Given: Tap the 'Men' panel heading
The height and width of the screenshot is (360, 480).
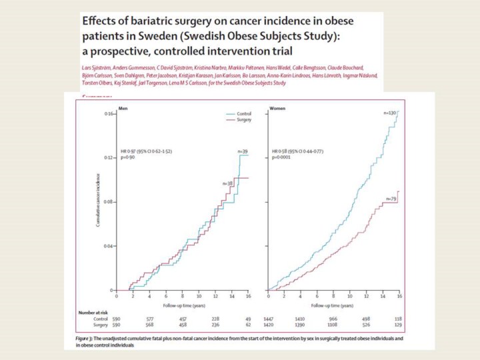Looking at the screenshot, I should (x=122, y=107).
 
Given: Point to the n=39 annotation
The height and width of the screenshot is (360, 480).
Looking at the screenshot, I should (x=243, y=151).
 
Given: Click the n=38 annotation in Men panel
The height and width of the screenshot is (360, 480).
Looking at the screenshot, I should (x=227, y=183).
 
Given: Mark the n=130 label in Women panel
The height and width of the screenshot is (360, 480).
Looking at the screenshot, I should (x=390, y=113).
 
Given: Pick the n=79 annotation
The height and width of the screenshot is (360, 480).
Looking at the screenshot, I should (x=391, y=199).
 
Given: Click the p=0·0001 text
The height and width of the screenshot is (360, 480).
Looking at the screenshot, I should (x=281, y=159).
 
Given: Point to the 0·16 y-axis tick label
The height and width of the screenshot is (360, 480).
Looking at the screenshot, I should (x=108, y=114).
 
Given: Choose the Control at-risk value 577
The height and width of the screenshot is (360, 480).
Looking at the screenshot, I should (x=149, y=319).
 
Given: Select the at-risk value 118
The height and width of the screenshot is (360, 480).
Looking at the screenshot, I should (x=398, y=319).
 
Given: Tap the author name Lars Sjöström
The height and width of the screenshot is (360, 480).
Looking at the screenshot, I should (x=98, y=67).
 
